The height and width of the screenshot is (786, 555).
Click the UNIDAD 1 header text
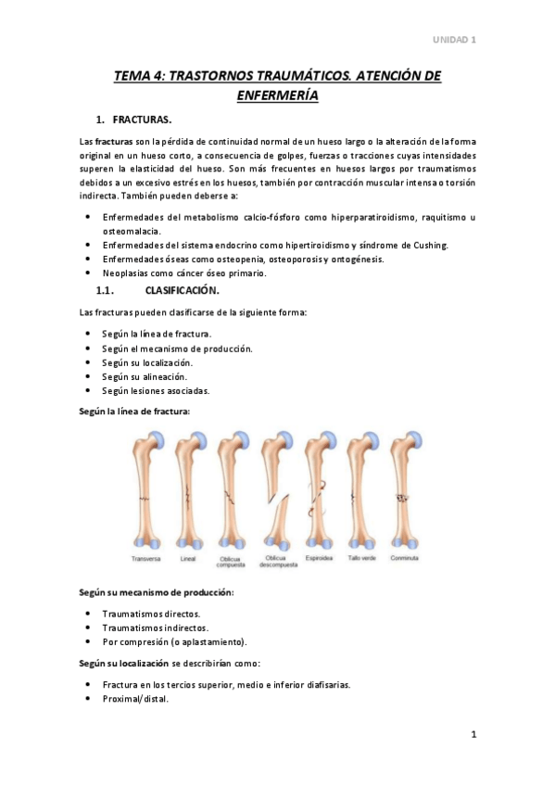pos(455,40)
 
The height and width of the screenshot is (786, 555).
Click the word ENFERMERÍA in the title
pos(277,95)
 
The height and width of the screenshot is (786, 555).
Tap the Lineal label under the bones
pos(188,559)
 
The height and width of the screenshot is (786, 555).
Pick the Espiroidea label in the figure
pos(318,559)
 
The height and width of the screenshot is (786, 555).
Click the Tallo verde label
pos(361,559)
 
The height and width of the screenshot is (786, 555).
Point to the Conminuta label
pos(405,559)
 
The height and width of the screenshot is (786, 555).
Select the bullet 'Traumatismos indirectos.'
pos(155,628)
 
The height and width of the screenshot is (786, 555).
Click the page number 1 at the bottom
pos(473,735)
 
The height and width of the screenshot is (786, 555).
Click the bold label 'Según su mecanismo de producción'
pos(156,591)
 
